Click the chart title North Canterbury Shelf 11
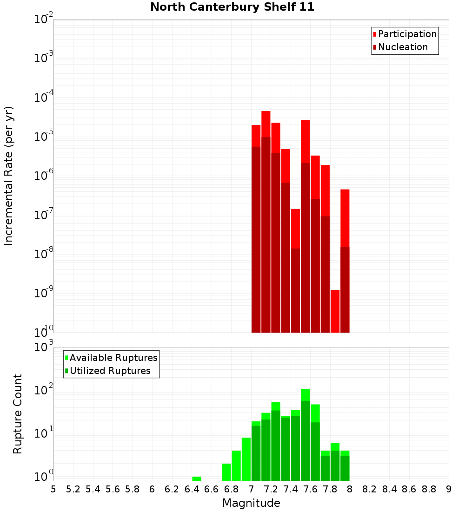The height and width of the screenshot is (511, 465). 232,7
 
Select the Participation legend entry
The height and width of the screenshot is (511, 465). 407,34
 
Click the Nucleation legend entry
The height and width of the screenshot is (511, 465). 403,47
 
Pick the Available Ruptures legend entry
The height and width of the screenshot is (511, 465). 113,358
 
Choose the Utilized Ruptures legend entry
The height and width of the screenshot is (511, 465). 110,371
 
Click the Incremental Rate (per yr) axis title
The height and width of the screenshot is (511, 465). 9,176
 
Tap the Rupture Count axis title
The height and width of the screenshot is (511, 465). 18,413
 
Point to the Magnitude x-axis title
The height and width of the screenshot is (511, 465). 251,503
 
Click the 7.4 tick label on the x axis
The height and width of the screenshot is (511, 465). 291,489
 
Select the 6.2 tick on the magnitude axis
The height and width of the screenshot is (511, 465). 172,489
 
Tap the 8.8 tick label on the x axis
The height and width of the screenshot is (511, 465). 429,489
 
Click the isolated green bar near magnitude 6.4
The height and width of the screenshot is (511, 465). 197,478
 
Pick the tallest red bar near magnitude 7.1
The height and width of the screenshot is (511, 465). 266,223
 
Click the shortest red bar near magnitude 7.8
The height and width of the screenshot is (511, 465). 335,311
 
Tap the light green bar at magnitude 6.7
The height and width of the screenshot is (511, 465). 226,472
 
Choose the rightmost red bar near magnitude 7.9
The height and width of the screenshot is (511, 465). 345,260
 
